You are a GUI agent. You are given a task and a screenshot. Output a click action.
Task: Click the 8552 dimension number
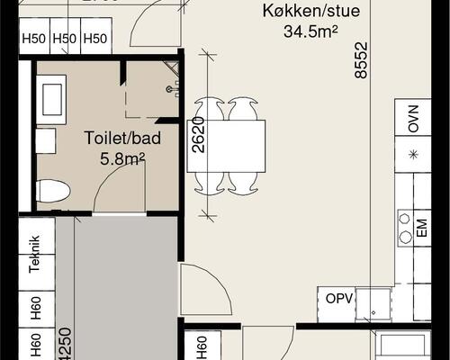[362, 63]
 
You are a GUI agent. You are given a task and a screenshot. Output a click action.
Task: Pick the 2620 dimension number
[199, 134]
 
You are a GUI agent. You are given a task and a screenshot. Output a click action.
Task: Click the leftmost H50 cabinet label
[34, 39]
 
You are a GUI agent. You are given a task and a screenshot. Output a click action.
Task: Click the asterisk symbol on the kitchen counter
[413, 154]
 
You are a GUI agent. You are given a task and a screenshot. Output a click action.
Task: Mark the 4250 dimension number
[64, 346]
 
